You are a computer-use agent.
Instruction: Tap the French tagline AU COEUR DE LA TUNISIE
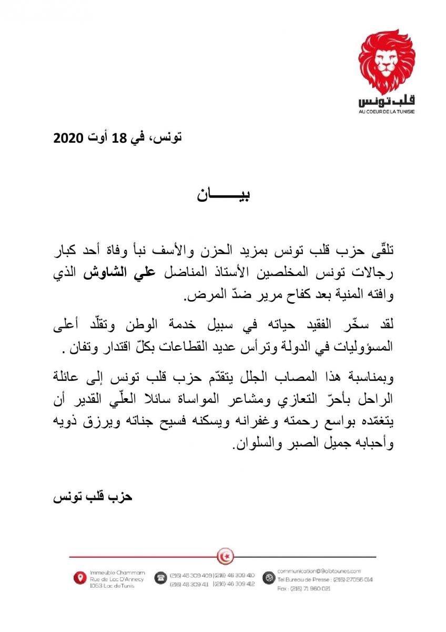click(x=386, y=112)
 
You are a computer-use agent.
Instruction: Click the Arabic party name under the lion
click(x=386, y=101)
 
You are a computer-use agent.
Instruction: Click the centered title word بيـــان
click(x=223, y=195)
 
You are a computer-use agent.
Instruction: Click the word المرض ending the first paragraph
click(x=202, y=298)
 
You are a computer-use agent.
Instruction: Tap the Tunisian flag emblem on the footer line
click(x=226, y=555)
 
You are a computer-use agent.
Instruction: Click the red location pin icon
click(x=79, y=578)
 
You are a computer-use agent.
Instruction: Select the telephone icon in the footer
click(x=159, y=578)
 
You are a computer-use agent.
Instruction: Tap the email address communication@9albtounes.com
click(x=319, y=571)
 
